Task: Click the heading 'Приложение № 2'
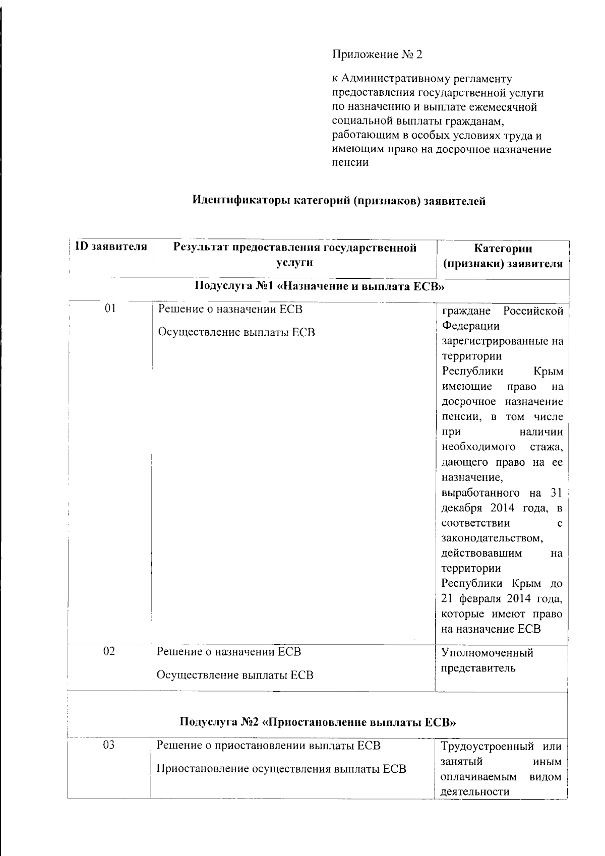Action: (x=377, y=54)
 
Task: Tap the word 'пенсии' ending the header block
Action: (x=350, y=163)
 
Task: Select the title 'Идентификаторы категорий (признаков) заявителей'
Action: (x=339, y=201)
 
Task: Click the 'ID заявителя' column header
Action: (x=111, y=247)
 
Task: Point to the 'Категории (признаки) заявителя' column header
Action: (x=503, y=256)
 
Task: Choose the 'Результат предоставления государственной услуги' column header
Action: (x=294, y=255)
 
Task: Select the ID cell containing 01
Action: (x=110, y=309)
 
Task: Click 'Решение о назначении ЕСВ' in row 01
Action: (x=230, y=309)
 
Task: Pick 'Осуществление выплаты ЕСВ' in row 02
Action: (x=235, y=675)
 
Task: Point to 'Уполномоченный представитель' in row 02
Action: (x=487, y=660)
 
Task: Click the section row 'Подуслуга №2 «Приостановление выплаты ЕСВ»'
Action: (x=318, y=722)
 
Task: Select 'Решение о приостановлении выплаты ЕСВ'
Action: (x=269, y=745)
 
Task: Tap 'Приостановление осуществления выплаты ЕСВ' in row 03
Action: (x=281, y=769)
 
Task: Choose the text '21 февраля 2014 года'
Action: (x=502, y=598)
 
